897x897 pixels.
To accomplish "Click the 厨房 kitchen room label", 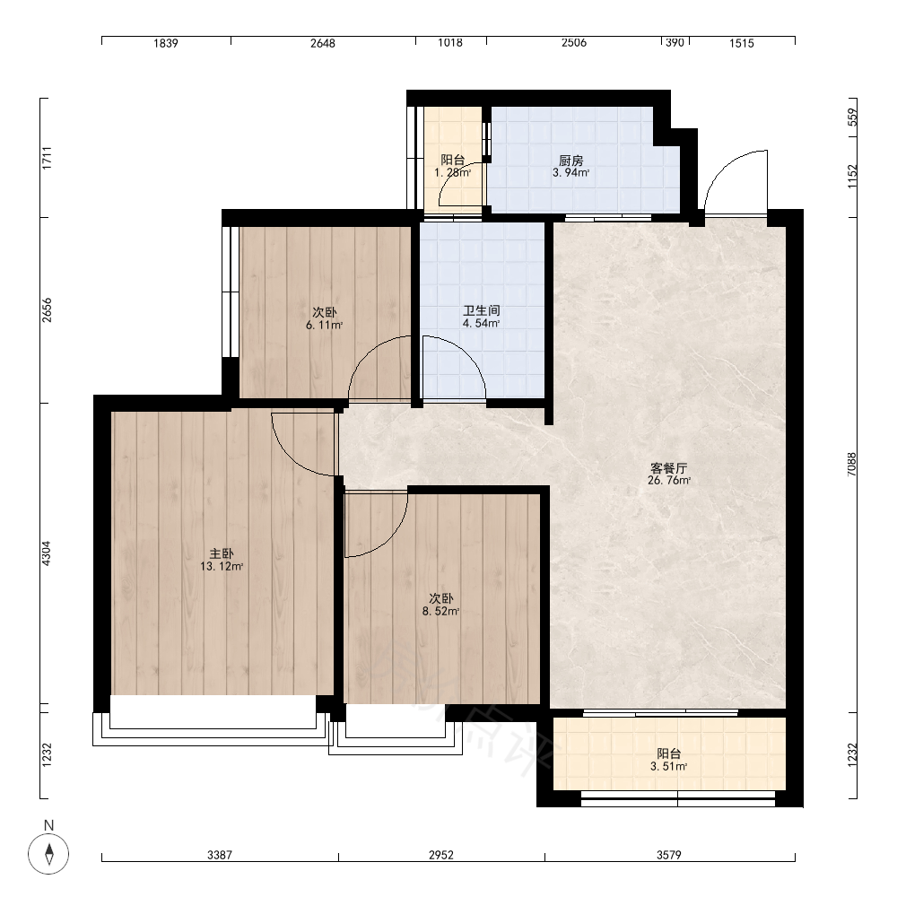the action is pyautogui.click(x=570, y=161).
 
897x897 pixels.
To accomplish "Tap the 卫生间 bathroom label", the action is pyautogui.click(x=481, y=310).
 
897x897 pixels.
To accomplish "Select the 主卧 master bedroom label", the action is pyautogui.click(x=222, y=553).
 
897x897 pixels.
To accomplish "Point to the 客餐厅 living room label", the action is pyautogui.click(x=669, y=468).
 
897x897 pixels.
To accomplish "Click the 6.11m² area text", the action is pyautogui.click(x=325, y=326).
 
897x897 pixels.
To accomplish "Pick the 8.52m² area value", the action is pyautogui.click(x=441, y=612).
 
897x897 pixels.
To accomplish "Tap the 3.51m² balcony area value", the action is pyautogui.click(x=669, y=767).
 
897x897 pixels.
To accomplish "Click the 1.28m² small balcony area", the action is pyautogui.click(x=452, y=173).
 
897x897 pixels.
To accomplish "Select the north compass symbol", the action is pyautogui.click(x=48, y=854).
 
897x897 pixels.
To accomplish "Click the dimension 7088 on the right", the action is pyautogui.click(x=852, y=465).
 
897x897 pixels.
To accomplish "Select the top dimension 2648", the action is pyautogui.click(x=323, y=43).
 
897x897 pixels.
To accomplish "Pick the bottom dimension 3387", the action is pyautogui.click(x=220, y=855).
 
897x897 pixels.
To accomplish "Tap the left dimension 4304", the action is pyautogui.click(x=47, y=553).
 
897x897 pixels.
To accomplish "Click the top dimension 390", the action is pyautogui.click(x=675, y=42).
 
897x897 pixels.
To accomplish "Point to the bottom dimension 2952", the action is pyautogui.click(x=441, y=855).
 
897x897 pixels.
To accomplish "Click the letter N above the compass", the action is pyautogui.click(x=48, y=825).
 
